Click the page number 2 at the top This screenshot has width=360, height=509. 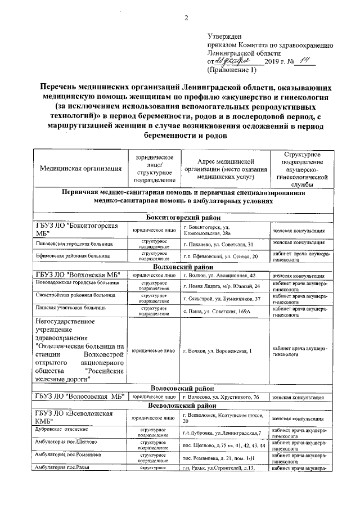pos(186,17)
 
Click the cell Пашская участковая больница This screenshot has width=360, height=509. pos(70,308)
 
